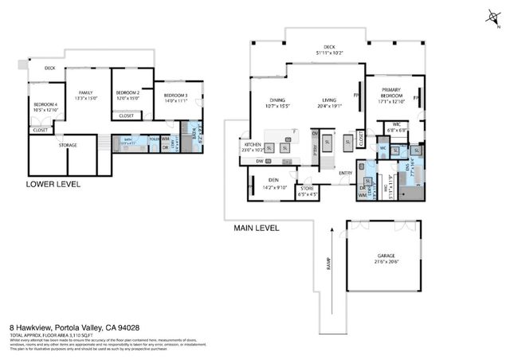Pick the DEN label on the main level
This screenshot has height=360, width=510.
(x=273, y=180)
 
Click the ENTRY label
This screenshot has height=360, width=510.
(x=345, y=173)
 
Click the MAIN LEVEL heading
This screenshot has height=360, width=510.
(x=256, y=229)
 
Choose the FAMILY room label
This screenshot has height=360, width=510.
(x=85, y=92)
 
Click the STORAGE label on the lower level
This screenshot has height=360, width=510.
(x=68, y=146)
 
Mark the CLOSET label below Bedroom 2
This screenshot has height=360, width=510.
(x=127, y=115)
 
